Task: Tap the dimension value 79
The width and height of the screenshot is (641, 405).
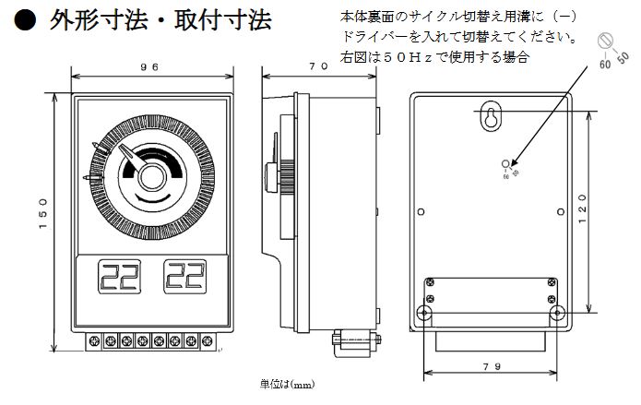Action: [x=492, y=366]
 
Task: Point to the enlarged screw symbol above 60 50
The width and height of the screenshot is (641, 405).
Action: [x=607, y=40]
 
